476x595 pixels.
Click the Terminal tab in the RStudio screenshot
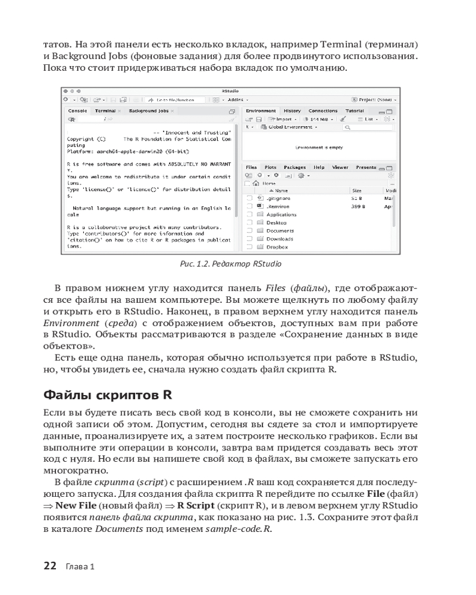click(x=105, y=111)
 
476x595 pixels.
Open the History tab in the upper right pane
click(x=292, y=111)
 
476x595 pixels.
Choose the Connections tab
click(x=323, y=111)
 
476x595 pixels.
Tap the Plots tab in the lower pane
click(x=271, y=168)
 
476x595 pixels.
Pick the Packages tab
click(x=295, y=168)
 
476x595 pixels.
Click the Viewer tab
click(x=340, y=168)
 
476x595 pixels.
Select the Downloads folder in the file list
click(x=280, y=239)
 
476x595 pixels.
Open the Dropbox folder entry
click(x=277, y=246)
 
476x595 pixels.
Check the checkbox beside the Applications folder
click(x=250, y=214)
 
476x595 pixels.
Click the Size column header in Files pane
click(x=357, y=190)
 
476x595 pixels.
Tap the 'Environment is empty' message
click(x=319, y=147)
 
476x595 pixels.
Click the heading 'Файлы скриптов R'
click(x=108, y=395)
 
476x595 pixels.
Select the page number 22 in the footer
click(x=50, y=566)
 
